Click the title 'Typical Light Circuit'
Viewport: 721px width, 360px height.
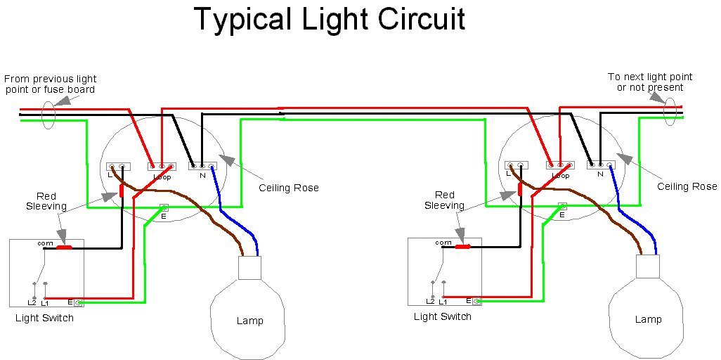330,20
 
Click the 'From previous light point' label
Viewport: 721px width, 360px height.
50,84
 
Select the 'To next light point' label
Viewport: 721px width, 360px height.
650,82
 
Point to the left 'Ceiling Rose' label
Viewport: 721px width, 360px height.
289,188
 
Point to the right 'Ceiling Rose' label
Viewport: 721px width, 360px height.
687,186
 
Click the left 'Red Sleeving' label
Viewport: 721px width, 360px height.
46,201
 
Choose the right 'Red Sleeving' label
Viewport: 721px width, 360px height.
444,200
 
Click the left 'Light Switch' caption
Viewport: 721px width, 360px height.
44,318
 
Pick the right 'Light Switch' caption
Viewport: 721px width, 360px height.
443,316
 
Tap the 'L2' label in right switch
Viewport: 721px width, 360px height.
430,301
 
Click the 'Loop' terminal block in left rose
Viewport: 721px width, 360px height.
161,167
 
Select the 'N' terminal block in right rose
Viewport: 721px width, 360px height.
601,165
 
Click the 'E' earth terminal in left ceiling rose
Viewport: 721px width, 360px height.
164,207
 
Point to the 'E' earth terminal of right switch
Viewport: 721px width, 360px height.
477,302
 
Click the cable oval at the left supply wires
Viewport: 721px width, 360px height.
48,115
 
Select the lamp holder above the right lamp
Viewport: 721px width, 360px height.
648,266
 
